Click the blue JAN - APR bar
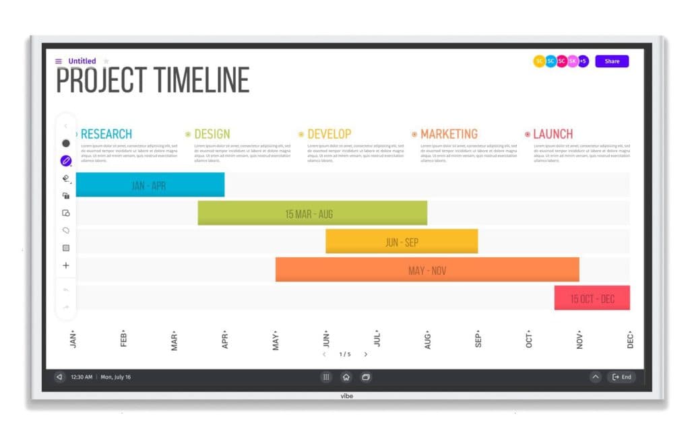[x=149, y=185]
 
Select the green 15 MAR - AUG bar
[x=312, y=213]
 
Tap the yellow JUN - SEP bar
[x=402, y=242]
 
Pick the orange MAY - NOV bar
[x=427, y=270]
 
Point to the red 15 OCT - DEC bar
[x=592, y=298]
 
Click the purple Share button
[x=612, y=61]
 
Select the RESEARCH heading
[x=106, y=134]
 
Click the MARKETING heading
[x=449, y=134]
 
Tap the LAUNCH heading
[x=553, y=134]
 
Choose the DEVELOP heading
[x=329, y=134]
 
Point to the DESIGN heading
[x=212, y=134]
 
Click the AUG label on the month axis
[x=427, y=340]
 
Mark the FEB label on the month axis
[x=124, y=340]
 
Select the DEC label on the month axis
[x=631, y=340]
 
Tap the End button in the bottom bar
[x=622, y=377]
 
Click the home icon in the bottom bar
[x=346, y=377]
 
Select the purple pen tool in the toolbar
[x=66, y=161]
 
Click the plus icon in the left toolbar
[x=66, y=265]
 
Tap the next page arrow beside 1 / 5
[x=366, y=354]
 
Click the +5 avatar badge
[x=584, y=61]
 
